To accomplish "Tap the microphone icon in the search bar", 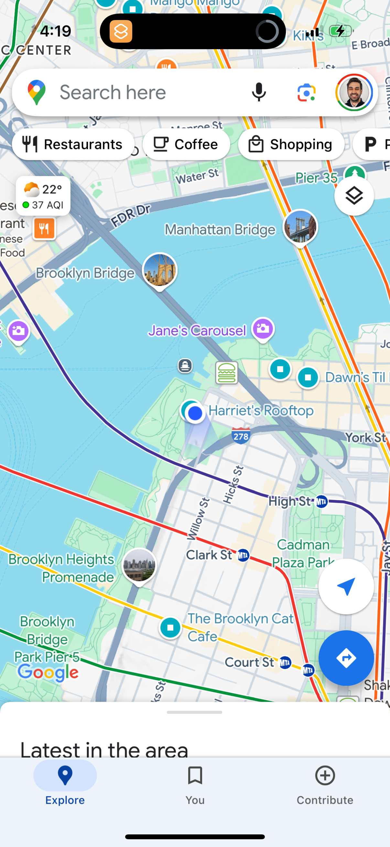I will [x=259, y=92].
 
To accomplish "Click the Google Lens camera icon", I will [x=306, y=92].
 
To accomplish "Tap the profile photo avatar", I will [x=354, y=92].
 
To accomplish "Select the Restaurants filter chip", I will [x=73, y=144].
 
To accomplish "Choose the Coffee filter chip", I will [x=186, y=144].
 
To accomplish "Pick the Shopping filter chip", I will [x=291, y=144].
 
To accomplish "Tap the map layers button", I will [x=354, y=196].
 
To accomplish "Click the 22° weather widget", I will [x=43, y=196].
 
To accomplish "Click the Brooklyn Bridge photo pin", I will [x=160, y=270].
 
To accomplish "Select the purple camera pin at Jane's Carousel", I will [x=263, y=329].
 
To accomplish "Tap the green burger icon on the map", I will [x=226, y=373].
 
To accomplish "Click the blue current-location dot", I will [x=195, y=413].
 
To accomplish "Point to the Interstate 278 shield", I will [x=241, y=436].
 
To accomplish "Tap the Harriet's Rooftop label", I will [x=261, y=411].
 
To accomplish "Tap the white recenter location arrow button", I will [x=346, y=586].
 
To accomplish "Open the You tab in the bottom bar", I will [x=195, y=785].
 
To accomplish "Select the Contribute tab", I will [x=325, y=785].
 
